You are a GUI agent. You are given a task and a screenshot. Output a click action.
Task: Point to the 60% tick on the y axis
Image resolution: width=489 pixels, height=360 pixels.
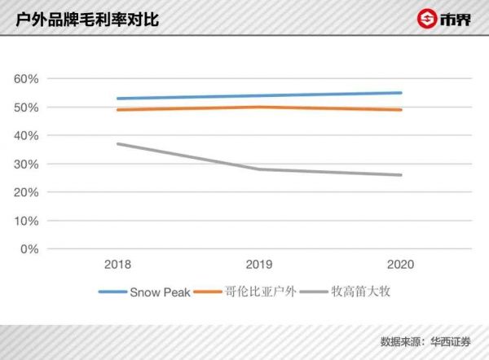26,79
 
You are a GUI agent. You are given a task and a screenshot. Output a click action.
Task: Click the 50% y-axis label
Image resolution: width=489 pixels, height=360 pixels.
26,108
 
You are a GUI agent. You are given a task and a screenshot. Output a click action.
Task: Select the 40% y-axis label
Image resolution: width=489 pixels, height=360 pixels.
26,136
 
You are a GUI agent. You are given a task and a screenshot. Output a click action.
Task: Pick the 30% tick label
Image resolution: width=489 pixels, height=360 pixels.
26,165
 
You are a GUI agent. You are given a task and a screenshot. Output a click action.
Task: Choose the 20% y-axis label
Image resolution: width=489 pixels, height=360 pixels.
26,193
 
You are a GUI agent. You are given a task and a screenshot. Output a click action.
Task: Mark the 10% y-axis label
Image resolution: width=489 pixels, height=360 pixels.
26,222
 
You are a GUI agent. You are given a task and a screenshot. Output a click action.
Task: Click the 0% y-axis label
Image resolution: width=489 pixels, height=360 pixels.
29,249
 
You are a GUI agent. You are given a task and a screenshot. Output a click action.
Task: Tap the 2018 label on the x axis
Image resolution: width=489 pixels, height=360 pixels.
117,265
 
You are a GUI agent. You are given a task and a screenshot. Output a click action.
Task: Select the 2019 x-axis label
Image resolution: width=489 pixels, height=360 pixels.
259,265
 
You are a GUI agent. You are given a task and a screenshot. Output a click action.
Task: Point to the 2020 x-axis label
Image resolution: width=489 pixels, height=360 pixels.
401,265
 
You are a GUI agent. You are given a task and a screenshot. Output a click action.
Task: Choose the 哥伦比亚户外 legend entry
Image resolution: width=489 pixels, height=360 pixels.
258,292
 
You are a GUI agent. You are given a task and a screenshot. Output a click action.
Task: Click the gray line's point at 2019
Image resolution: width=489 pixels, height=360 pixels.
259,169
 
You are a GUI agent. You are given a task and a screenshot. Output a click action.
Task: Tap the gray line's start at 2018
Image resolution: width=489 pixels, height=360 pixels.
117,144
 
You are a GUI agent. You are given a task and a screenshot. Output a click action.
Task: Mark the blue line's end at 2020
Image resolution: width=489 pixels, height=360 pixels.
401,93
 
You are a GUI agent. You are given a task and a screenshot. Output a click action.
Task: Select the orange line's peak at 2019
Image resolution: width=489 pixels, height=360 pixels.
259,107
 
